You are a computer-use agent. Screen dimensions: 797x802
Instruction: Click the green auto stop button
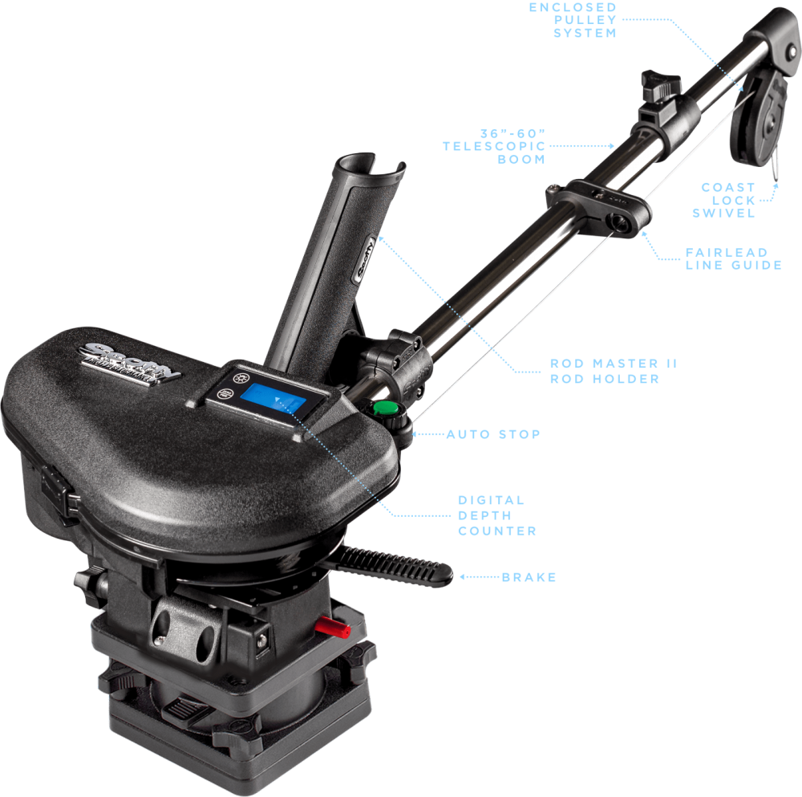(387, 409)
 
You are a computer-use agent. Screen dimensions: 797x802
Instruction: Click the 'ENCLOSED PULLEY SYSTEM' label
(573, 20)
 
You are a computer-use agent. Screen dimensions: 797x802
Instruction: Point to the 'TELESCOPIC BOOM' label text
(494, 146)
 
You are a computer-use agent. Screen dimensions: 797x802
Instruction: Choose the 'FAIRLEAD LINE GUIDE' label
(733, 258)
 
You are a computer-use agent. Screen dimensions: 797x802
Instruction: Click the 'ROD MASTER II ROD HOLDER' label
(614, 370)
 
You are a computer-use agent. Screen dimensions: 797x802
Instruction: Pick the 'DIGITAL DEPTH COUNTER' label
(496, 515)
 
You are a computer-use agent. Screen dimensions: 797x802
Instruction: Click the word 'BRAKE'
(529, 577)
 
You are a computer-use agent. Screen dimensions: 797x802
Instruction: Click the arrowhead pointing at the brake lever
(460, 576)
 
